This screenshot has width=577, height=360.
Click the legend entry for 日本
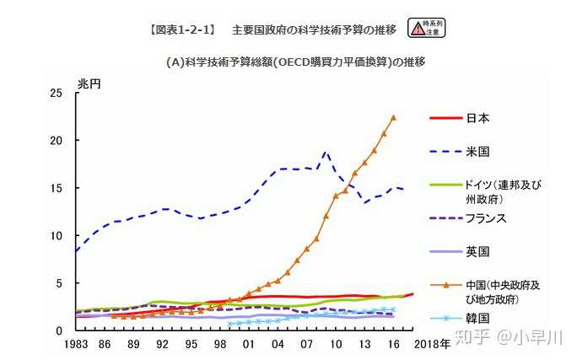477,118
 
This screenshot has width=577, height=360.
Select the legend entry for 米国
477,152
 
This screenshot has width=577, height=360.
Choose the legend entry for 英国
477,251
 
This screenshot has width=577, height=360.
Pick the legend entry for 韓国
477,319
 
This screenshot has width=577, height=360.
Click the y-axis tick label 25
57,94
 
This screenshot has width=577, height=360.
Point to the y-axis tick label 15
57,188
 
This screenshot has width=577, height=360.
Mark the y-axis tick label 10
57,236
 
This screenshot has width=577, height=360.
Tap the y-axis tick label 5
60,283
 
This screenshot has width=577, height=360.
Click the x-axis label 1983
76,345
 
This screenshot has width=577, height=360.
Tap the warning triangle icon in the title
417,29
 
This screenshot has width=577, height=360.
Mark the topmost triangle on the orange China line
393,117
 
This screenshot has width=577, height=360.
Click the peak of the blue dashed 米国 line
326,153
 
